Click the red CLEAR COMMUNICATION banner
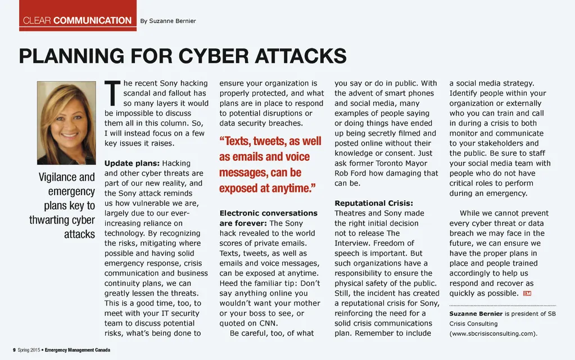tap(78, 21)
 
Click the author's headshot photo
tap(66, 123)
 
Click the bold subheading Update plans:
tap(132, 164)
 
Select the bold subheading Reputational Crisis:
tap(374, 203)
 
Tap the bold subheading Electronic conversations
tap(268, 213)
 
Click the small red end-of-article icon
tap(527, 294)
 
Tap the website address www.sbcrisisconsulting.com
tap(493, 334)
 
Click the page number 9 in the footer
tap(14, 350)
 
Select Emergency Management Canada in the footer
tap(78, 350)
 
